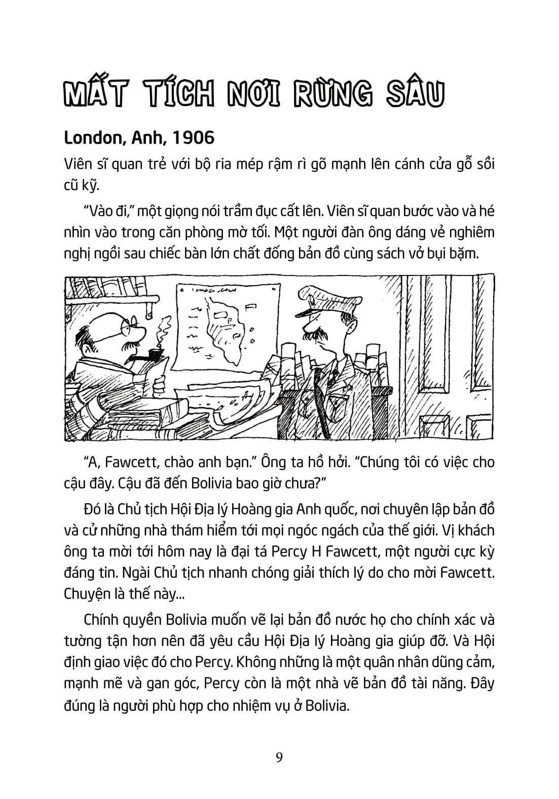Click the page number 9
click(x=279, y=758)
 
